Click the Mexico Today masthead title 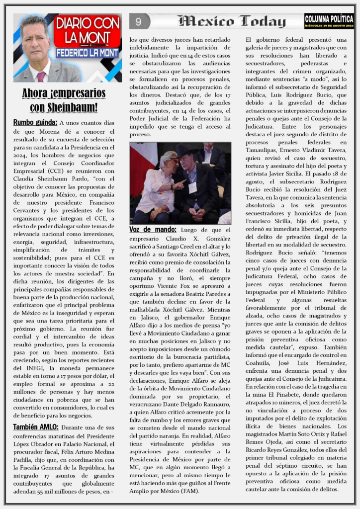232,21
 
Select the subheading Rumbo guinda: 35,122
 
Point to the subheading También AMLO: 36,427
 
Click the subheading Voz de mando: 153,230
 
